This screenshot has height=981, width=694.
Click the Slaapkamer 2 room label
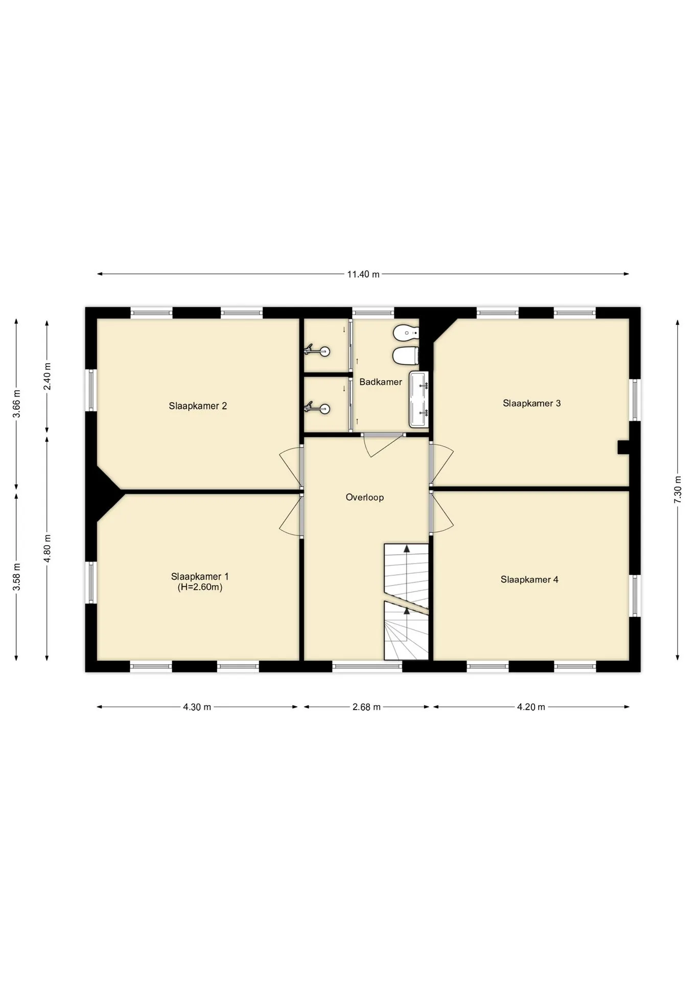[198, 406]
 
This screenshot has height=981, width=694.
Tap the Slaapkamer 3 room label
[531, 403]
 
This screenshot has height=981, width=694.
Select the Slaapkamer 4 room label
[529, 579]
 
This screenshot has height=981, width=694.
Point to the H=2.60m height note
[200, 587]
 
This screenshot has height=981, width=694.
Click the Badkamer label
[381, 382]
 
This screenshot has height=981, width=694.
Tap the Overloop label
[364, 497]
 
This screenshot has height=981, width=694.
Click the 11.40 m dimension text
[363, 274]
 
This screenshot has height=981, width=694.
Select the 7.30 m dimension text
[678, 489]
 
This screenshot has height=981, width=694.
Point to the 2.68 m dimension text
[366, 707]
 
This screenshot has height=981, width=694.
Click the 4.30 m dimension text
[197, 707]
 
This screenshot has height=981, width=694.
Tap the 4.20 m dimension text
[531, 707]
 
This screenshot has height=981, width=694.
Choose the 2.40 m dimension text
[47, 377]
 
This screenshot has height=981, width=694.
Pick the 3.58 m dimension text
[16, 577]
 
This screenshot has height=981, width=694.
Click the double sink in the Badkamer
[419, 400]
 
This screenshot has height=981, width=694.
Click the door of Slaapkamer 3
[442, 464]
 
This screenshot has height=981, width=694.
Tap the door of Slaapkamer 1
[290, 515]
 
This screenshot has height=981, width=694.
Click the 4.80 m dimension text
[47, 548]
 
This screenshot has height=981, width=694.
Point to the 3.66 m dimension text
[16, 404]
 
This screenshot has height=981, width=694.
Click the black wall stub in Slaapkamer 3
[623, 447]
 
